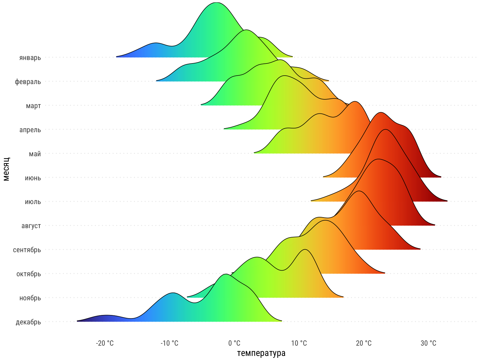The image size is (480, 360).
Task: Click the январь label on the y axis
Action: [30, 58]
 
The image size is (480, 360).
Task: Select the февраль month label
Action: [28, 82]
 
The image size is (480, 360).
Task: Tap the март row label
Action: [33, 106]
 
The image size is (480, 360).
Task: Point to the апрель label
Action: [30, 130]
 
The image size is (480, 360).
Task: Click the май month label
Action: [35, 154]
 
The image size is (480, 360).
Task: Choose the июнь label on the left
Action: [33, 178]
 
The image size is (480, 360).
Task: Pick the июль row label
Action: [33, 202]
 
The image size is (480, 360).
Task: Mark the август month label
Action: [31, 226]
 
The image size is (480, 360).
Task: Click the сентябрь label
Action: [27, 250]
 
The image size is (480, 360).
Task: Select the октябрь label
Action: [28, 274]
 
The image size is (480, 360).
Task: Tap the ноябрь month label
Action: [30, 298]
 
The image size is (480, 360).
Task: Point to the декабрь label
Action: [28, 322]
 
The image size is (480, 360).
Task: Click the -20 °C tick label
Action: [105, 343]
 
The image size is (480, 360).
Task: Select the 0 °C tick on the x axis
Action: [234, 343]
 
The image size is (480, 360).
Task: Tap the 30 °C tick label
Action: [428, 343]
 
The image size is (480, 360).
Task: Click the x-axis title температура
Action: [261, 353]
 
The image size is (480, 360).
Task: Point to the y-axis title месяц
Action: [6, 169]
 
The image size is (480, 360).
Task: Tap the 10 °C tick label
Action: [299, 343]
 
